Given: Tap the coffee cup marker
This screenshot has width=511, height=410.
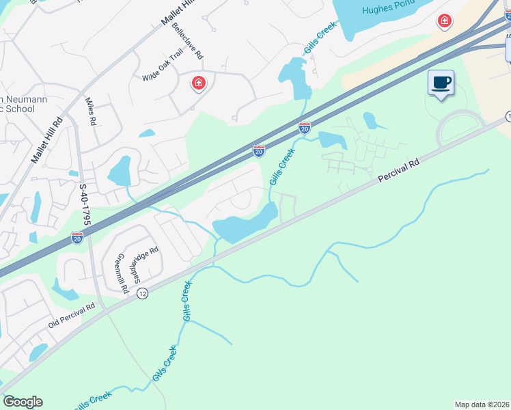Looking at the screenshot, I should [x=441, y=83].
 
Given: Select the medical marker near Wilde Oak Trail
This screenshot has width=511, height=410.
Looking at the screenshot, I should [x=199, y=83].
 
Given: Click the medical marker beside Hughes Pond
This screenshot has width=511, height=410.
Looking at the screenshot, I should [x=445, y=22].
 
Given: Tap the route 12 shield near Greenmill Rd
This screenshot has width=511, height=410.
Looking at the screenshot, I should [x=141, y=293].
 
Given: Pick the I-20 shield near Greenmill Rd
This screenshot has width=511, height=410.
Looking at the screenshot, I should [x=77, y=237].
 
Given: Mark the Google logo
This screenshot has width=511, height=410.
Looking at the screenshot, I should [x=23, y=402].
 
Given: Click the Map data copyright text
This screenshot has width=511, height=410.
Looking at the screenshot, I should [x=482, y=405].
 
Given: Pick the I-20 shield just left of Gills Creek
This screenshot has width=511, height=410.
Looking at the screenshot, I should [x=259, y=151].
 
